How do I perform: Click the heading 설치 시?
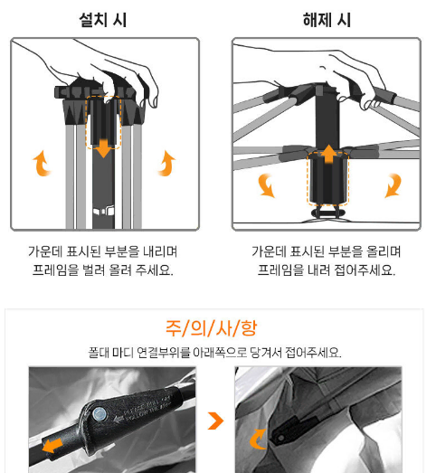(102, 20)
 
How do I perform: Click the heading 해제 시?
(327, 20)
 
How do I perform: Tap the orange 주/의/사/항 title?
(211, 328)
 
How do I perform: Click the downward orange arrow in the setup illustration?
(103, 148)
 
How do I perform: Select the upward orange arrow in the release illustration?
(328, 154)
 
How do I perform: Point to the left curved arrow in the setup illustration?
(42, 164)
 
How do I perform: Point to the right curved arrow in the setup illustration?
(167, 164)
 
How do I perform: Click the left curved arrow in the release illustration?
(267, 184)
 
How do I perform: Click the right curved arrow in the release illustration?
(393, 184)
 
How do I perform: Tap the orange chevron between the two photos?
(216, 421)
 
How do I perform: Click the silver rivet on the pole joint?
(99, 414)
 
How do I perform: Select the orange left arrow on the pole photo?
(52, 446)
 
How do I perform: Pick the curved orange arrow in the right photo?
(258, 439)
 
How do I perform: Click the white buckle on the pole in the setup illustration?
(103, 211)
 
